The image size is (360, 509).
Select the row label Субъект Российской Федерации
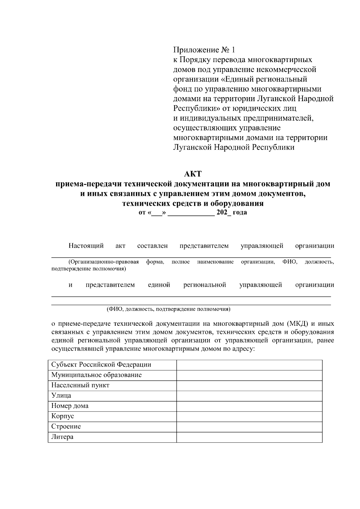coord(101,365)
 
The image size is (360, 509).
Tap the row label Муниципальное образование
coord(96,375)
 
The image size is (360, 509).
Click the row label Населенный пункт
coord(80,385)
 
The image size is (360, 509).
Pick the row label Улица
coord(61,395)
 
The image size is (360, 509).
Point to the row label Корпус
coord(62,416)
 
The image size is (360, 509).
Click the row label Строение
coord(66,426)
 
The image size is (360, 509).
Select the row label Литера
coord(62,437)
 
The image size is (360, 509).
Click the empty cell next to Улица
coord(249,396)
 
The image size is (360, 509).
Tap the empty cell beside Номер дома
coord(249,406)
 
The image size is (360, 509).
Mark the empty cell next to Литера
coord(249,437)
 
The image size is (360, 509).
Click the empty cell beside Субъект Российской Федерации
coord(249,365)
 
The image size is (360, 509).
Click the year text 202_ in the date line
coord(222,213)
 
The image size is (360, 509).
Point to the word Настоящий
coord(86,246)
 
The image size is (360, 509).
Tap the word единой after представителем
coord(159,285)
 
